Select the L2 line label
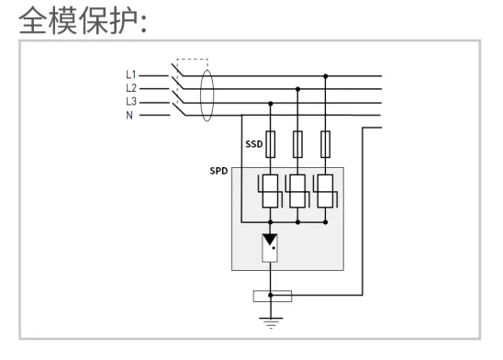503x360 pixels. click(x=130, y=88)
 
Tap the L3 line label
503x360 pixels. click(x=130, y=101)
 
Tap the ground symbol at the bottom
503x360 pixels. click(x=270, y=321)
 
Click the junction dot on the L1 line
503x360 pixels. click(x=325, y=76)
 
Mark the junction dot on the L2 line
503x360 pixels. click(x=297, y=89)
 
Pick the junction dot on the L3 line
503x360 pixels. click(x=270, y=102)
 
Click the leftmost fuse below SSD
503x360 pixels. click(x=270, y=142)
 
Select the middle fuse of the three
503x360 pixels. click(x=297, y=142)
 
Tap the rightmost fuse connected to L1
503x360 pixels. click(x=325, y=142)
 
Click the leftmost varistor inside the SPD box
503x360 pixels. click(x=270, y=193)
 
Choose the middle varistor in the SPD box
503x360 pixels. click(x=297, y=193)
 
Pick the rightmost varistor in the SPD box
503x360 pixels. click(x=325, y=193)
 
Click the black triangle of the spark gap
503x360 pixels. click(x=270, y=241)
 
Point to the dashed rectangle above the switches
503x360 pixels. click(x=192, y=62)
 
